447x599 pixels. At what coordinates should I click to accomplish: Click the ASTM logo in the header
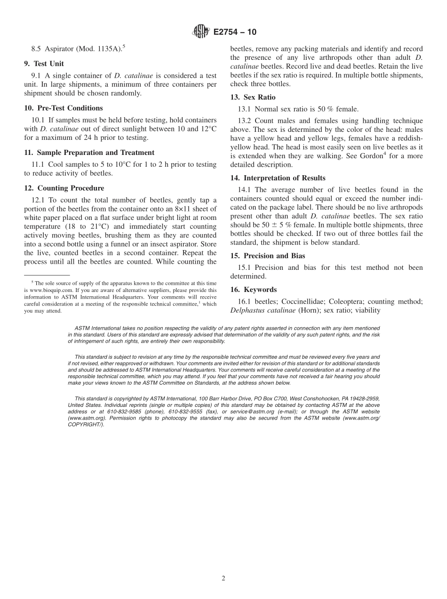(201, 32)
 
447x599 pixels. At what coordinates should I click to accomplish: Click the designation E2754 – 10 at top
(235, 32)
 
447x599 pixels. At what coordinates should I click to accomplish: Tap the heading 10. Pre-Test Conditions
(63, 108)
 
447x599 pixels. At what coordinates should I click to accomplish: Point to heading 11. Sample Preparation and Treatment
(89, 153)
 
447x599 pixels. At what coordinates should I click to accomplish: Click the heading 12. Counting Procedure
(64, 188)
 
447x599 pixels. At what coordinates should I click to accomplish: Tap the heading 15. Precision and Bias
(267, 256)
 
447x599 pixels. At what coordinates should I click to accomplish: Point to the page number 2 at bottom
(223, 578)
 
